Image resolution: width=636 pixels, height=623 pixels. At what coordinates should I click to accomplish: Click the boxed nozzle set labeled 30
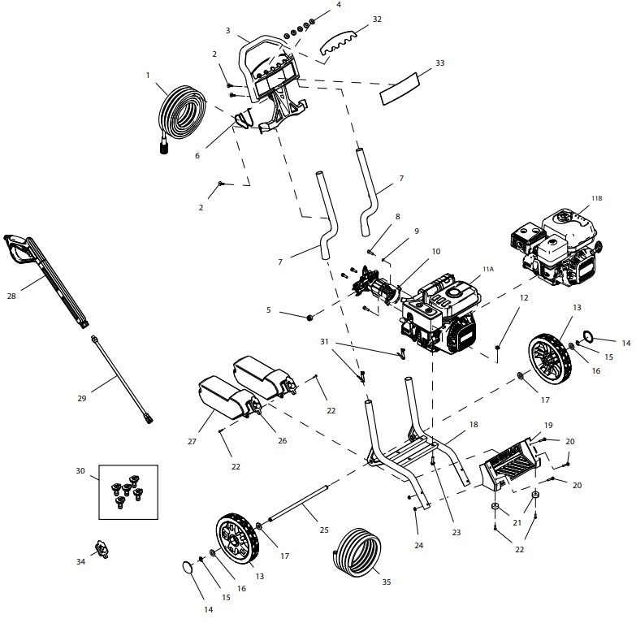coord(127,491)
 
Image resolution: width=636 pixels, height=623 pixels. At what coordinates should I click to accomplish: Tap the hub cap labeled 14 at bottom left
coord(189,567)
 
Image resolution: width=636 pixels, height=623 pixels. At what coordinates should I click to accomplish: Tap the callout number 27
coord(193,442)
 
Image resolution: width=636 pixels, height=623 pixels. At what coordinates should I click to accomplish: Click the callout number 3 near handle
coord(228,30)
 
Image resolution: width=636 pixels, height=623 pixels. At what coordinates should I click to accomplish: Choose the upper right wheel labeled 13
coord(551,357)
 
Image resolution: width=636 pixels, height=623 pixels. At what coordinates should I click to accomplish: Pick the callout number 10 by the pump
coord(435,252)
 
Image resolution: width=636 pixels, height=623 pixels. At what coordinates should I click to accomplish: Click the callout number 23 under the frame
coord(456,532)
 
